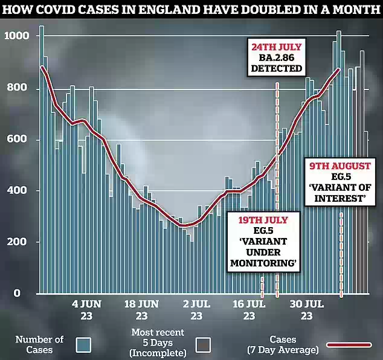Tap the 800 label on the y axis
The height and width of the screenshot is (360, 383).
point(16,89)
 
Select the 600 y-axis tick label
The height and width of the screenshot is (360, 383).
point(16,140)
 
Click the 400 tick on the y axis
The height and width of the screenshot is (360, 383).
point(16,191)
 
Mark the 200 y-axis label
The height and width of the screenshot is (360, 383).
point(16,242)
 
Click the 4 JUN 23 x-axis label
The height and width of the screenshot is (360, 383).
point(86,309)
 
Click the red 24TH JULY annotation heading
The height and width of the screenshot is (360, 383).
point(277,47)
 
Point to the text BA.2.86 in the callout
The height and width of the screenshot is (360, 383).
point(277,58)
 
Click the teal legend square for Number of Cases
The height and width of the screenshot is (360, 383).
point(83,344)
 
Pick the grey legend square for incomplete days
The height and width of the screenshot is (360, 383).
point(204,344)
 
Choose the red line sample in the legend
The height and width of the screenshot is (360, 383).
point(349,344)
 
